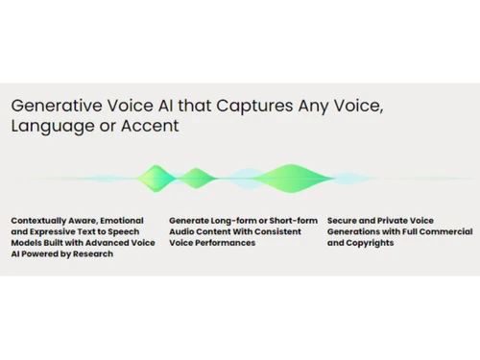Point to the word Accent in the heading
pyautogui.click(x=147, y=127)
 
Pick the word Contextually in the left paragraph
pyautogui.click(x=40, y=219)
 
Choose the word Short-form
pyautogui.click(x=284, y=219)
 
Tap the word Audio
pyautogui.click(x=182, y=231)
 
